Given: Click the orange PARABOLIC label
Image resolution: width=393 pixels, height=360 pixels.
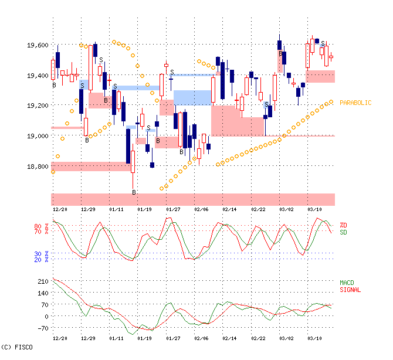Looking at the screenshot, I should pyautogui.click(x=355, y=103).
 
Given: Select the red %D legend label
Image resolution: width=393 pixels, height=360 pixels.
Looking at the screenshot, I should pyautogui.click(x=343, y=226).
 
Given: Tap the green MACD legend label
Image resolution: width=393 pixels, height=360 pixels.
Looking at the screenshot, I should pyautogui.click(x=347, y=283).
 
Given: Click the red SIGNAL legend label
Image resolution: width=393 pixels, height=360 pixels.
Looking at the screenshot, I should pyautogui.click(x=350, y=290).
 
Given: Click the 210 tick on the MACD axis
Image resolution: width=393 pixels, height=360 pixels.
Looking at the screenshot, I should pyautogui.click(x=43, y=281).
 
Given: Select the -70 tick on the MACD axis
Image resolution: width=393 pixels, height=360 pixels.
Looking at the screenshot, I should pyautogui.click(x=43, y=328).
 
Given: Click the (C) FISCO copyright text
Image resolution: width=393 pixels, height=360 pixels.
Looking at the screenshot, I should pyautogui.click(x=16, y=347).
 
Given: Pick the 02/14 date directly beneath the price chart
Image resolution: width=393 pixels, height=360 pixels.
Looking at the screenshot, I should pyautogui.click(x=229, y=209).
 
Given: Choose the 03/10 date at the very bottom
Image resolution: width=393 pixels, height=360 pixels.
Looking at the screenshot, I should pyautogui.click(x=315, y=338).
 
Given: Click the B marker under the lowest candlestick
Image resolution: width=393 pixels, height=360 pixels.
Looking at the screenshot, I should pyautogui.click(x=133, y=192).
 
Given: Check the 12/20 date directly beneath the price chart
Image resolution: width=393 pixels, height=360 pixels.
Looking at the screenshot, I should pyautogui.click(x=60, y=209).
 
